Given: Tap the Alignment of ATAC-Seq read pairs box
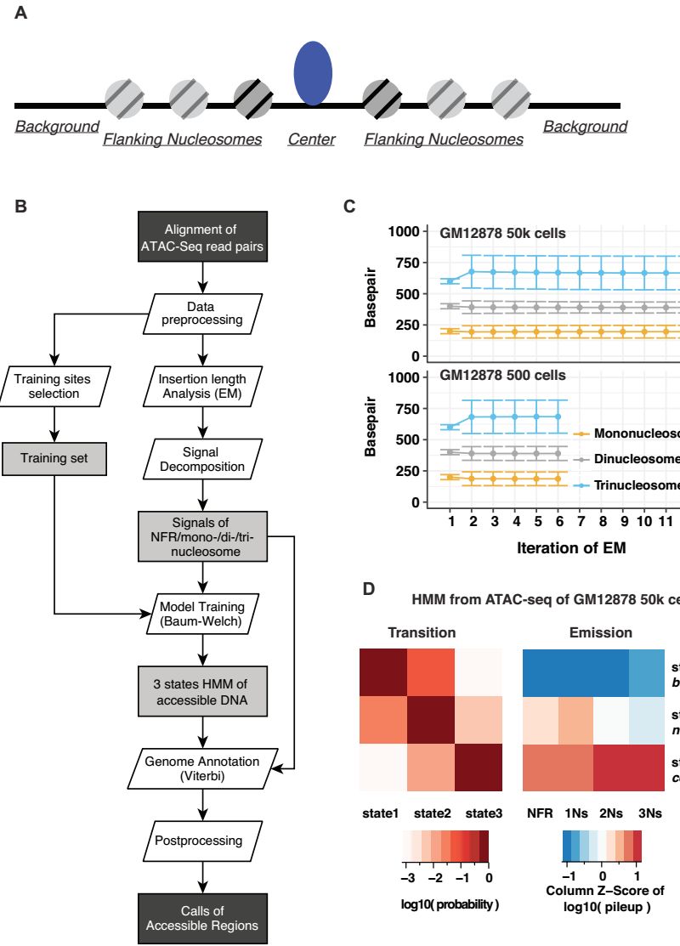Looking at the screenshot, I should pos(201,238).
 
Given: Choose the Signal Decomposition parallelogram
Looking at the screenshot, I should pos(201,459).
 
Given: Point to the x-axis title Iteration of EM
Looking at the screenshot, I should pos(571,548).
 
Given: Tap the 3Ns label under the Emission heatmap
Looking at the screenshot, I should pos(649,790).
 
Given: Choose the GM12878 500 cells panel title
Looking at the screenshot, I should pos(502,375).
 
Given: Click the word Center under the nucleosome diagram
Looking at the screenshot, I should pos(311,139).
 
